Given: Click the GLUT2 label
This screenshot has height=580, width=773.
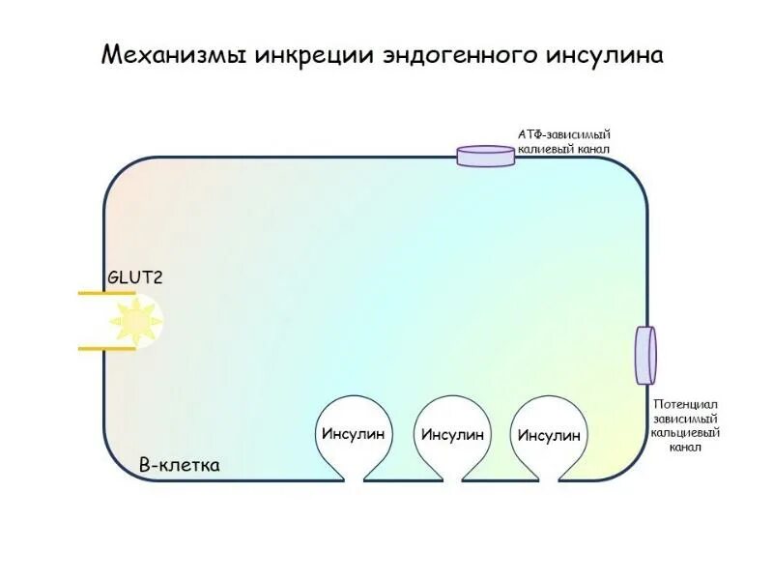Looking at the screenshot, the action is pos(134,277).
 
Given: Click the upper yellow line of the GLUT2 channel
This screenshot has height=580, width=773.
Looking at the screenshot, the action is pos(106,293).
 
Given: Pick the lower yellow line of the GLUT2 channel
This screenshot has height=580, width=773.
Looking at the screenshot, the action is pos(106,348).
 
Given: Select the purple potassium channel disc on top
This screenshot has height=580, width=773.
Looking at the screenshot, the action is pos(486,156).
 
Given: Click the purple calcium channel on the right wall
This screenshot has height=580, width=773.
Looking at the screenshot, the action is pos(644,355).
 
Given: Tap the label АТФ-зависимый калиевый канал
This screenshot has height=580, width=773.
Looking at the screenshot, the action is pos(565,142).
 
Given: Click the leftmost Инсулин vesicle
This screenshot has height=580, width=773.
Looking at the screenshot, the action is pos(353,434).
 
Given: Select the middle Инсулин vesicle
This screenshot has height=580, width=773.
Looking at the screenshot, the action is pos(451,435).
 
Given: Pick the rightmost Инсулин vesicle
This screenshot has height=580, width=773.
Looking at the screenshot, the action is pos(549,435).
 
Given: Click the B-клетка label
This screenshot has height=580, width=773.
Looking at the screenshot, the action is pos(180,465).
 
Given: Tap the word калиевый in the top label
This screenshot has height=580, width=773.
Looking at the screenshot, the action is pos(544,150).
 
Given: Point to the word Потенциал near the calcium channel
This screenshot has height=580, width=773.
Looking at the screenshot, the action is pos(685,404).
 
